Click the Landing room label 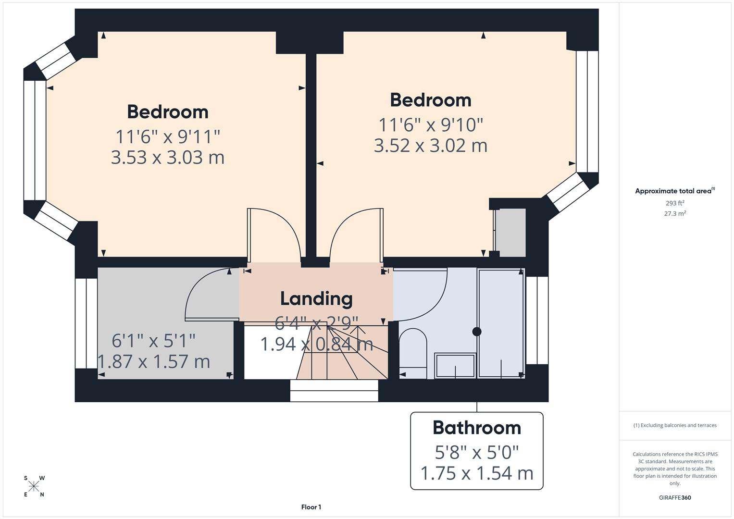click(x=316, y=298)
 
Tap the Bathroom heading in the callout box click(x=476, y=428)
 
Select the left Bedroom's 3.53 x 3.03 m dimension click(x=167, y=158)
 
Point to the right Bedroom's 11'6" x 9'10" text click(x=430, y=125)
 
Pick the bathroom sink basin click(x=455, y=366)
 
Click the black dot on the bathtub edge click(x=476, y=332)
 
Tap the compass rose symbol click(x=34, y=486)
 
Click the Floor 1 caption click(x=311, y=507)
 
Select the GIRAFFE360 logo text click(x=674, y=497)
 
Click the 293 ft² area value click(x=674, y=203)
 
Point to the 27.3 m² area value click(x=674, y=214)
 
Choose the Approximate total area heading click(x=674, y=191)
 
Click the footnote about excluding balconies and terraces click(x=674, y=425)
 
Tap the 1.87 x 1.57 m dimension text click(x=154, y=361)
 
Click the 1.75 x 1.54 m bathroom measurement click(x=476, y=473)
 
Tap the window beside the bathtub click(x=537, y=321)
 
